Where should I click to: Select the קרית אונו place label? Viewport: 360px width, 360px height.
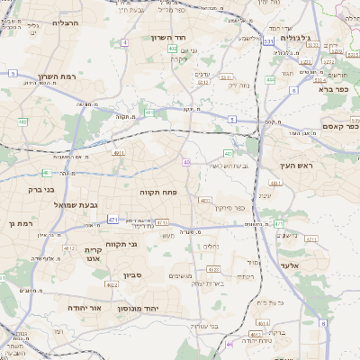point(93,254)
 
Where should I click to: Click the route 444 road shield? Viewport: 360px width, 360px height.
point(270,79)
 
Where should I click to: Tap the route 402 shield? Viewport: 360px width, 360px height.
point(172,48)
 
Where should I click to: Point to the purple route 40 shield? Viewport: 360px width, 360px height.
point(186,162)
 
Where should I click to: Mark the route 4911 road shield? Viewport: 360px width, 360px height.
point(119,154)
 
